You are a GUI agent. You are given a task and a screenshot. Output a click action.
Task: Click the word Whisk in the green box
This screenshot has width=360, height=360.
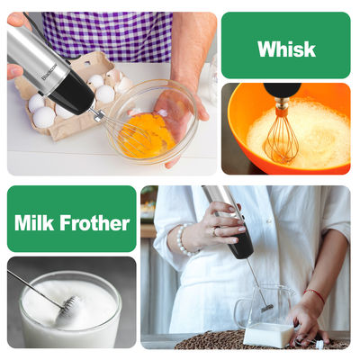(286, 49)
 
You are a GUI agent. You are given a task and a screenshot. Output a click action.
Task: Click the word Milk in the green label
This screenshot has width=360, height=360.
(34, 223)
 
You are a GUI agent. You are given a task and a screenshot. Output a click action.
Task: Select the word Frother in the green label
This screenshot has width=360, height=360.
(94, 223)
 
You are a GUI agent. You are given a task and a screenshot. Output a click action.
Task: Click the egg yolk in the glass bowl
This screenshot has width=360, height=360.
(147, 133)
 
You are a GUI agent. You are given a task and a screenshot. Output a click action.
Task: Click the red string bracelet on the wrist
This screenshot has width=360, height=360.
(315, 294)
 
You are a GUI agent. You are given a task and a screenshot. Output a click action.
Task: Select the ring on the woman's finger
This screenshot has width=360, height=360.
(214, 232)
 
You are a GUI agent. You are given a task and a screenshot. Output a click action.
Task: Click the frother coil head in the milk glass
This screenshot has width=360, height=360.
(70, 305)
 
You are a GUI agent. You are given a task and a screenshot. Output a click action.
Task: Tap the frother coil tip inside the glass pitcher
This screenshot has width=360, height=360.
(267, 308)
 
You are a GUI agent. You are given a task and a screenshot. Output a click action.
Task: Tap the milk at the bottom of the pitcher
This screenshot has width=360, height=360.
(268, 335)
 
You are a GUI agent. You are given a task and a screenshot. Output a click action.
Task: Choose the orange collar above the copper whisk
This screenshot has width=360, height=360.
(282, 111)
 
